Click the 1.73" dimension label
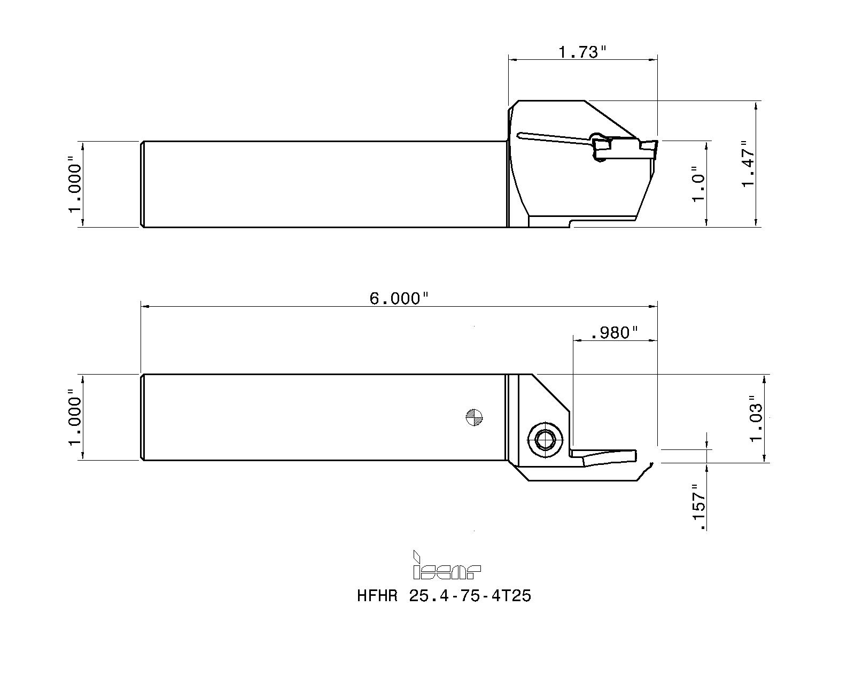click(x=582, y=52)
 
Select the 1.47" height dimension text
click(x=748, y=164)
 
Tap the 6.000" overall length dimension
click(x=399, y=298)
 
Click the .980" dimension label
click(x=615, y=333)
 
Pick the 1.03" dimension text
click(x=756, y=418)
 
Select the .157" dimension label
click(x=698, y=507)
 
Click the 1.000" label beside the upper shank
click(x=75, y=184)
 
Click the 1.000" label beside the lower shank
click(x=75, y=417)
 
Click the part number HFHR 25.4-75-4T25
click(x=444, y=595)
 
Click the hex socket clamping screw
click(x=545, y=440)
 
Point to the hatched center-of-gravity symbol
click(x=475, y=417)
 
